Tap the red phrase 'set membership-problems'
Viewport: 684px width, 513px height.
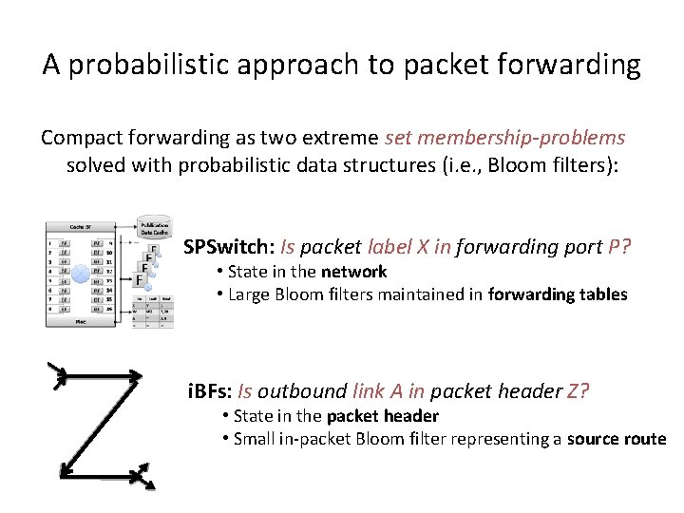[x=505, y=138]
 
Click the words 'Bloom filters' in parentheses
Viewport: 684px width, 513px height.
[x=556, y=165]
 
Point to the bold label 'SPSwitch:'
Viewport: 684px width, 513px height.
[x=226, y=247]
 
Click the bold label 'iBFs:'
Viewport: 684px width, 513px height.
[x=210, y=390]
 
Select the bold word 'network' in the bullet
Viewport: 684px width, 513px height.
[x=353, y=272]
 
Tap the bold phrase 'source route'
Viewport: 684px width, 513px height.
[x=617, y=439]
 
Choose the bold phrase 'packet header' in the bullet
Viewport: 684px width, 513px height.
[x=382, y=416]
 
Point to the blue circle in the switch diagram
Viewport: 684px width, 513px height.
[x=82, y=275]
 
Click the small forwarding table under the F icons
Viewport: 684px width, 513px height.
[x=154, y=310]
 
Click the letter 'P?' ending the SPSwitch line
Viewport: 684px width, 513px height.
[x=620, y=247]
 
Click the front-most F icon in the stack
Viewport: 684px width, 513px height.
[x=142, y=281]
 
